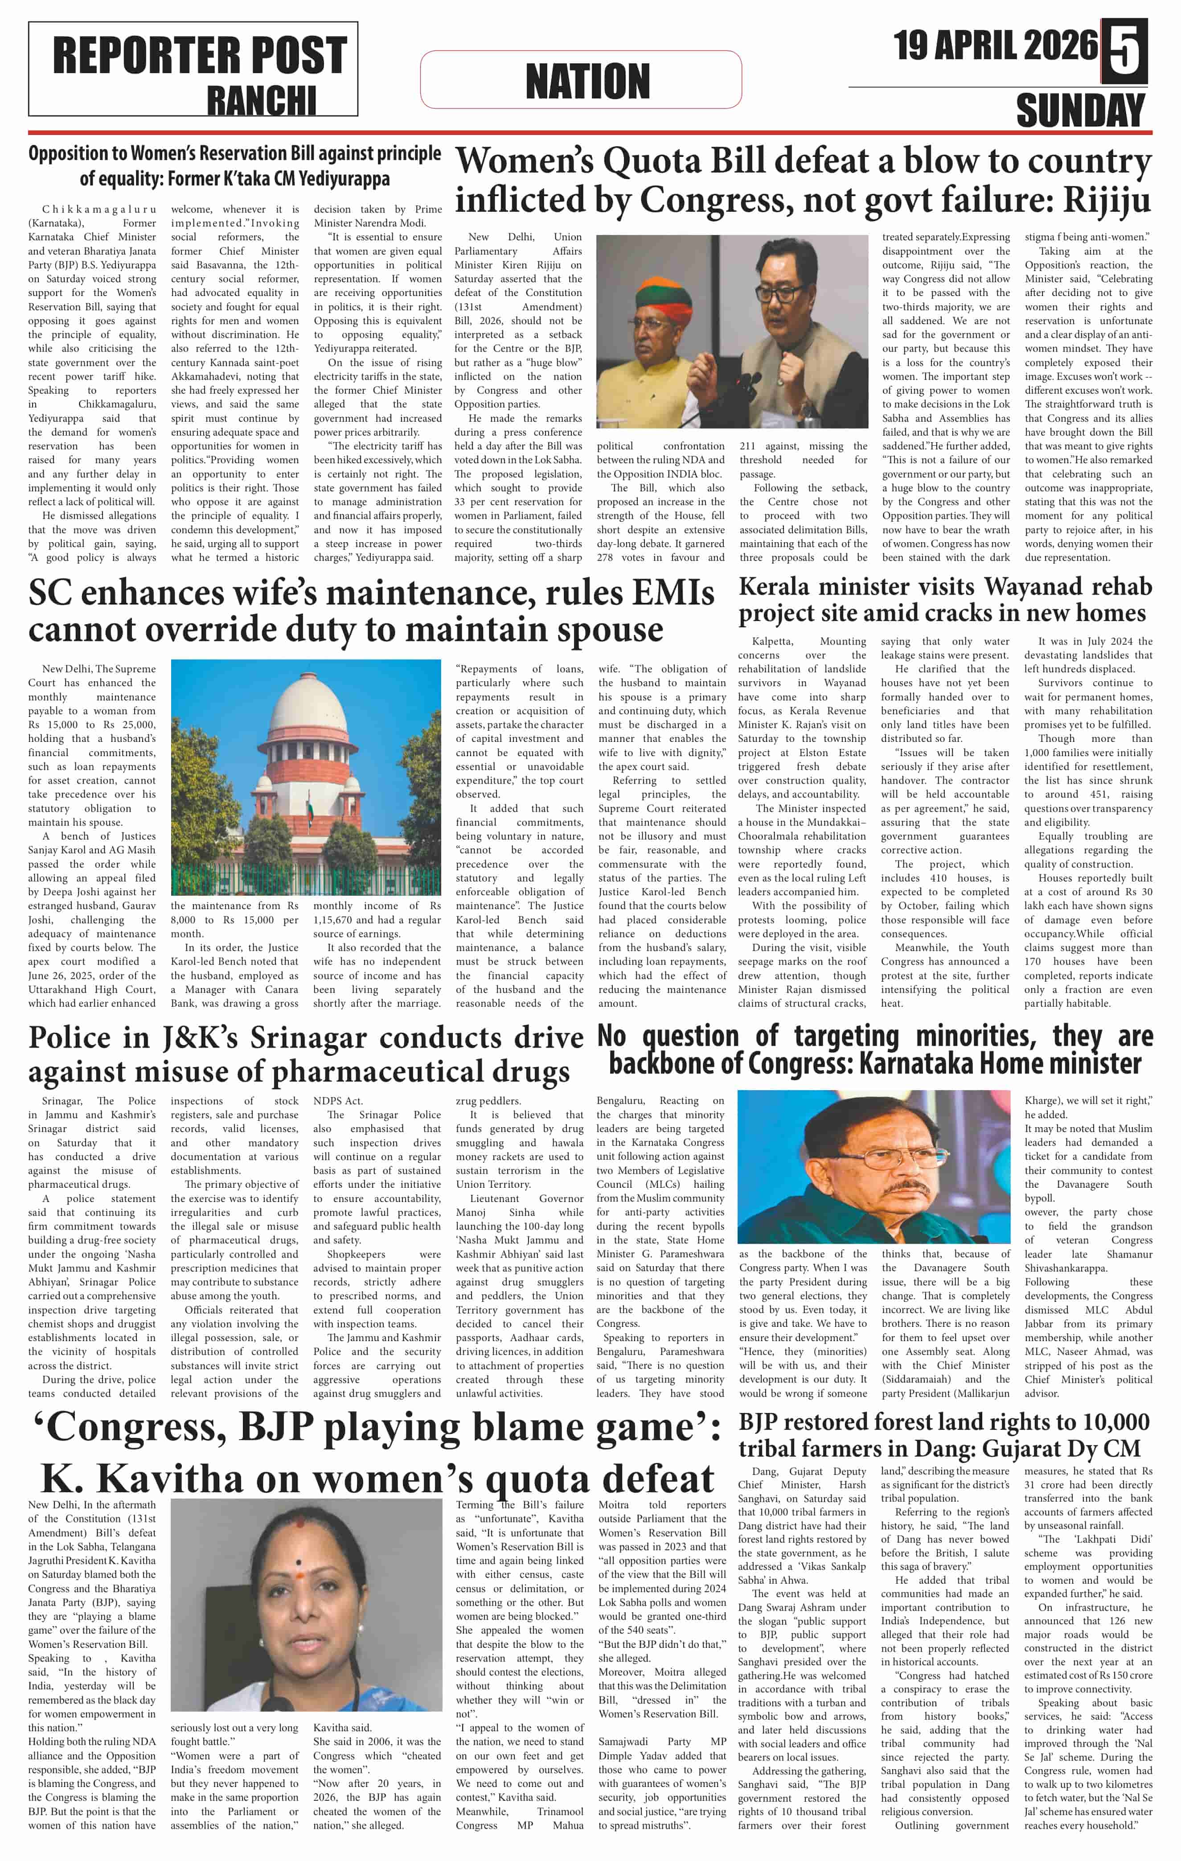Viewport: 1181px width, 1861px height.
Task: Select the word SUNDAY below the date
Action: coord(1080,111)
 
